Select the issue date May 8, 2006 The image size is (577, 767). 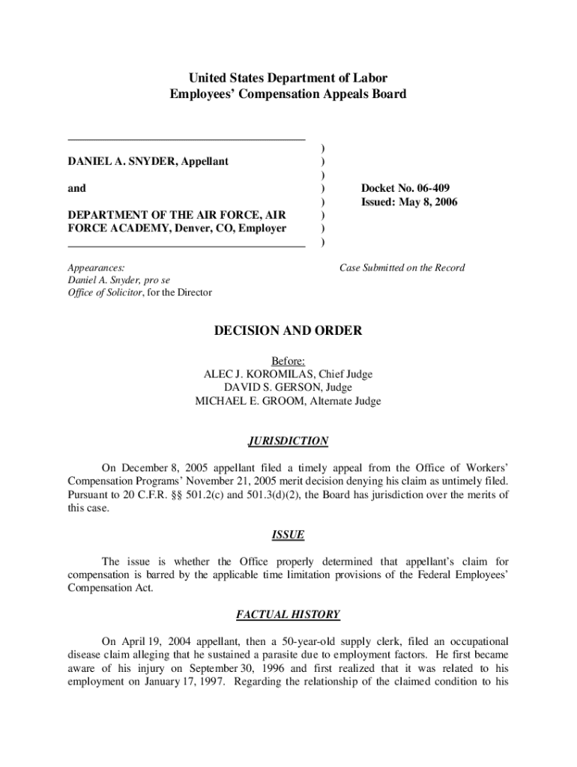click(x=429, y=202)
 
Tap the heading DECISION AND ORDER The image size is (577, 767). click(x=288, y=330)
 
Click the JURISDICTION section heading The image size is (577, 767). click(x=288, y=441)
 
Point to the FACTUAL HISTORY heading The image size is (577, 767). click(x=288, y=615)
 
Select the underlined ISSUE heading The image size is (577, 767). click(x=288, y=535)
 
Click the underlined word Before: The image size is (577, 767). click(x=288, y=360)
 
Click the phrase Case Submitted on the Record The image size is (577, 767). click(x=402, y=267)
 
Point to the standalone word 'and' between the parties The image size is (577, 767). click(x=77, y=188)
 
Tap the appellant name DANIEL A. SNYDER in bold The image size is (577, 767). click(x=118, y=161)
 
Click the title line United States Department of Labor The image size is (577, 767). click(x=288, y=78)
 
